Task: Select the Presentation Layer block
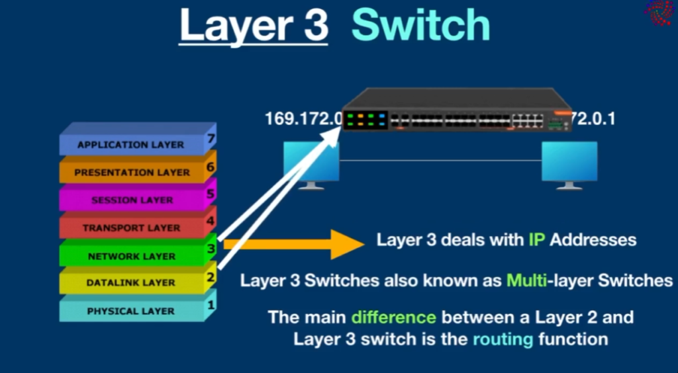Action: (132, 172)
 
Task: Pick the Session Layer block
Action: (132, 200)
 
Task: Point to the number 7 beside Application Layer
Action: (211, 139)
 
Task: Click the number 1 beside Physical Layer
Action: (211, 305)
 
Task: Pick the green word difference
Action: (393, 317)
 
